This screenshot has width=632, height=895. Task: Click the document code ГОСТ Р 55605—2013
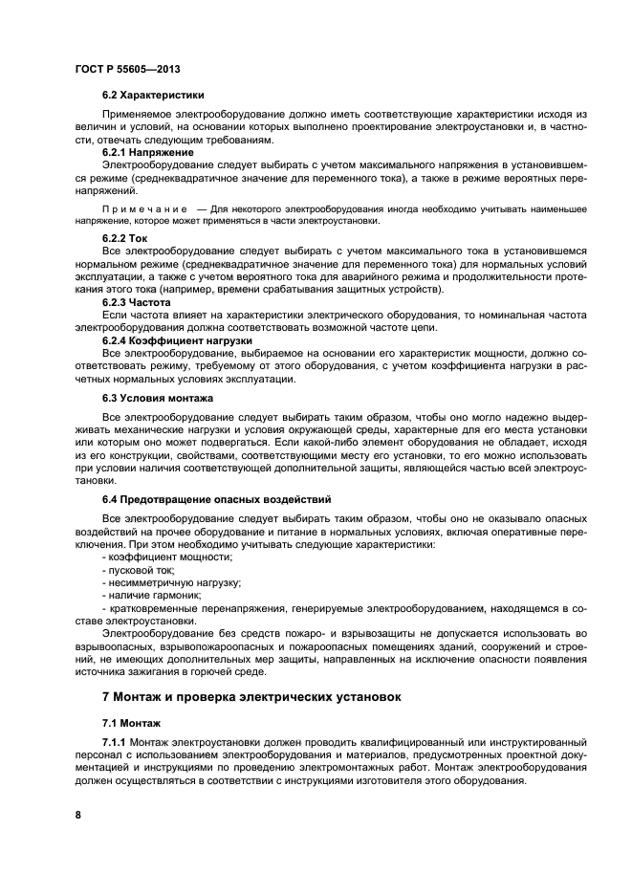click(x=127, y=70)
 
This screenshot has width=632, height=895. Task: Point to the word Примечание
click(x=142, y=208)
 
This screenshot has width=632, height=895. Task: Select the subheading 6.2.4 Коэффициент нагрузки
click(x=177, y=339)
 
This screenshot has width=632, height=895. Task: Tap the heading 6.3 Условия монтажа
click(x=158, y=397)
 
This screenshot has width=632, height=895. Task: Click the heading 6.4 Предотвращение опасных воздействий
click(x=217, y=499)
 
